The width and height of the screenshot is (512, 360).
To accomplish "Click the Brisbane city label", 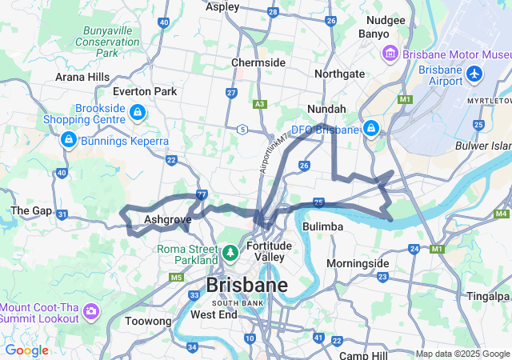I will [246, 286].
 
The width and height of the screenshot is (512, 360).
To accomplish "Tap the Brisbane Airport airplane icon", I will [476, 74].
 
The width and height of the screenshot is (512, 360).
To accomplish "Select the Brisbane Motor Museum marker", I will [390, 54].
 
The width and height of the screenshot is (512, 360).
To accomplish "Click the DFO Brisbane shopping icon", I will [371, 128].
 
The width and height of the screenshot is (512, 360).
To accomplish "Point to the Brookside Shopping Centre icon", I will [137, 113].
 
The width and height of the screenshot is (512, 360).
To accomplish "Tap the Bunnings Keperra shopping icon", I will [68, 141].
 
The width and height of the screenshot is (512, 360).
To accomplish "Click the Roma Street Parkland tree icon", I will [230, 254].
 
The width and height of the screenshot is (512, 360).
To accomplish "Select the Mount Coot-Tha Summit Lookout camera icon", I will [90, 310].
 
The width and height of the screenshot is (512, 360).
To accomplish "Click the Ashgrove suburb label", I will [167, 218].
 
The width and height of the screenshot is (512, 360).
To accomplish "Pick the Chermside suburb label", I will [258, 62].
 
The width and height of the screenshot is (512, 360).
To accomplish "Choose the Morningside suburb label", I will [358, 263].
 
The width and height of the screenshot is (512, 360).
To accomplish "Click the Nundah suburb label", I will [326, 109].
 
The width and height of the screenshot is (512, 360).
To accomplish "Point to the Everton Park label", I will [145, 91].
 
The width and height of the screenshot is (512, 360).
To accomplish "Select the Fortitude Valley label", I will [269, 251].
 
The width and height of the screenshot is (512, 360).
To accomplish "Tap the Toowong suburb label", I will [149, 322].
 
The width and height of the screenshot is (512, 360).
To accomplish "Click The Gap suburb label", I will [30, 210].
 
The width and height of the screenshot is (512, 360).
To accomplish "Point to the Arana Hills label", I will [82, 77].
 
